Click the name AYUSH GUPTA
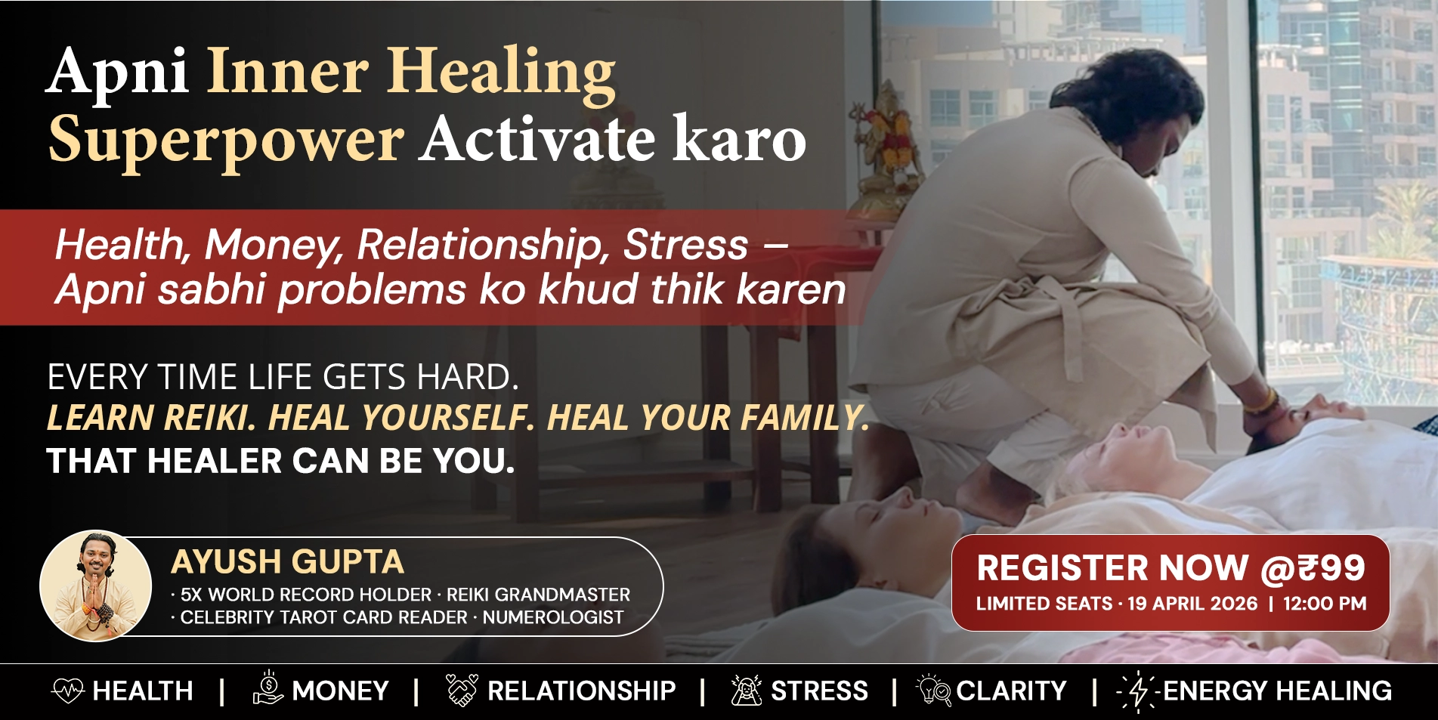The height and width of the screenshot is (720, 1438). (x=288, y=562)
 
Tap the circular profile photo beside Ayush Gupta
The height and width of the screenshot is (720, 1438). (x=95, y=586)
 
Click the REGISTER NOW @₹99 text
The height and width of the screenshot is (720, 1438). (x=1171, y=569)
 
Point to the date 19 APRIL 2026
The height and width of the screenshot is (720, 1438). (x=1192, y=604)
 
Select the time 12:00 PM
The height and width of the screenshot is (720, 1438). (x=1325, y=604)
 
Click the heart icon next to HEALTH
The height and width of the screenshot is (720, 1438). (x=68, y=691)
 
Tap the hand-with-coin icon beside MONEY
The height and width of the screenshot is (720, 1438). (x=268, y=688)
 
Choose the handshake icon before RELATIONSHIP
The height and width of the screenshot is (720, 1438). (x=462, y=690)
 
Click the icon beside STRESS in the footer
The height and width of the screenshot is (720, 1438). (x=747, y=691)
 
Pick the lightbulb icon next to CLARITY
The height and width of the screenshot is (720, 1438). (x=934, y=691)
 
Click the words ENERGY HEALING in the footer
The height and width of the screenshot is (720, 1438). (x=1277, y=691)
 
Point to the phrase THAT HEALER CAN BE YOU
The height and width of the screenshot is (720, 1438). (x=280, y=461)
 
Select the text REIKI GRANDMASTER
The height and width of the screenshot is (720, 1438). (x=538, y=595)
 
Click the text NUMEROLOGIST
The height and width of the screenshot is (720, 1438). (x=553, y=618)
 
